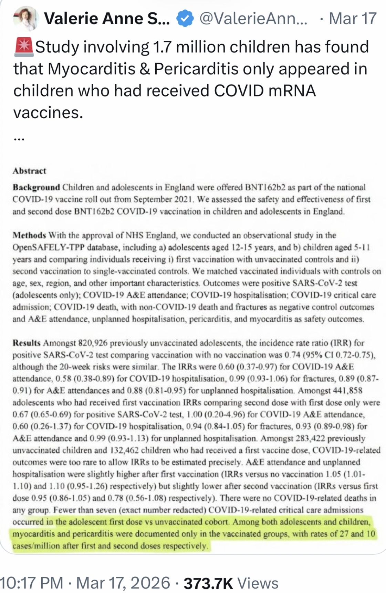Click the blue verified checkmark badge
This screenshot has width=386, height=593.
[185, 19]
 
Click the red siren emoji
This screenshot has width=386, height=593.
[23, 47]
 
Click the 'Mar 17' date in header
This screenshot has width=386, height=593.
[352, 18]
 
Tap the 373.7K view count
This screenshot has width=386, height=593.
[208, 583]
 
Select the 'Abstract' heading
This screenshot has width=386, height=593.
[29, 171]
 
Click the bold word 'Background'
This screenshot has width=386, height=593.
[36, 187]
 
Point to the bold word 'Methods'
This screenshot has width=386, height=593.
[29, 235]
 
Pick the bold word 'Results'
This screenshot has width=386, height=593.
[27, 343]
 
